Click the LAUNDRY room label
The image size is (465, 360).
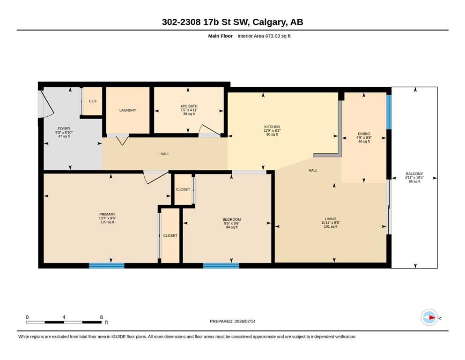click(x=127, y=110)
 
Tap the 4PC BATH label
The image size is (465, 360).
click(x=189, y=106)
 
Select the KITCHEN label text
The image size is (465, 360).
click(x=272, y=127)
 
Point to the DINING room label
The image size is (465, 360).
click(x=364, y=134)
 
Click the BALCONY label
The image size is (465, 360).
click(x=414, y=173)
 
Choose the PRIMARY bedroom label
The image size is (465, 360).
click(x=107, y=214)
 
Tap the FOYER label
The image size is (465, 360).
click(x=64, y=128)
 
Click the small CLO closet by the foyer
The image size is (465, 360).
click(x=93, y=101)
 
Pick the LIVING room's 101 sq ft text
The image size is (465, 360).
click(x=331, y=227)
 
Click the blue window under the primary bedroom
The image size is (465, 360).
click(x=107, y=266)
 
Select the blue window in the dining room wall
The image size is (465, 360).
click(x=389, y=112)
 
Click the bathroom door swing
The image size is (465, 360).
click(x=210, y=131)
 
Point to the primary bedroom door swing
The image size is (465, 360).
click(x=156, y=177)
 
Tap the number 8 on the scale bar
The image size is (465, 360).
click(x=102, y=317)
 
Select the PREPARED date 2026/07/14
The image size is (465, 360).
click(x=245, y=321)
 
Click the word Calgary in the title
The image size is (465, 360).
click(x=270, y=22)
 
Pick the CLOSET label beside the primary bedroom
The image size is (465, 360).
click(x=170, y=235)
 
